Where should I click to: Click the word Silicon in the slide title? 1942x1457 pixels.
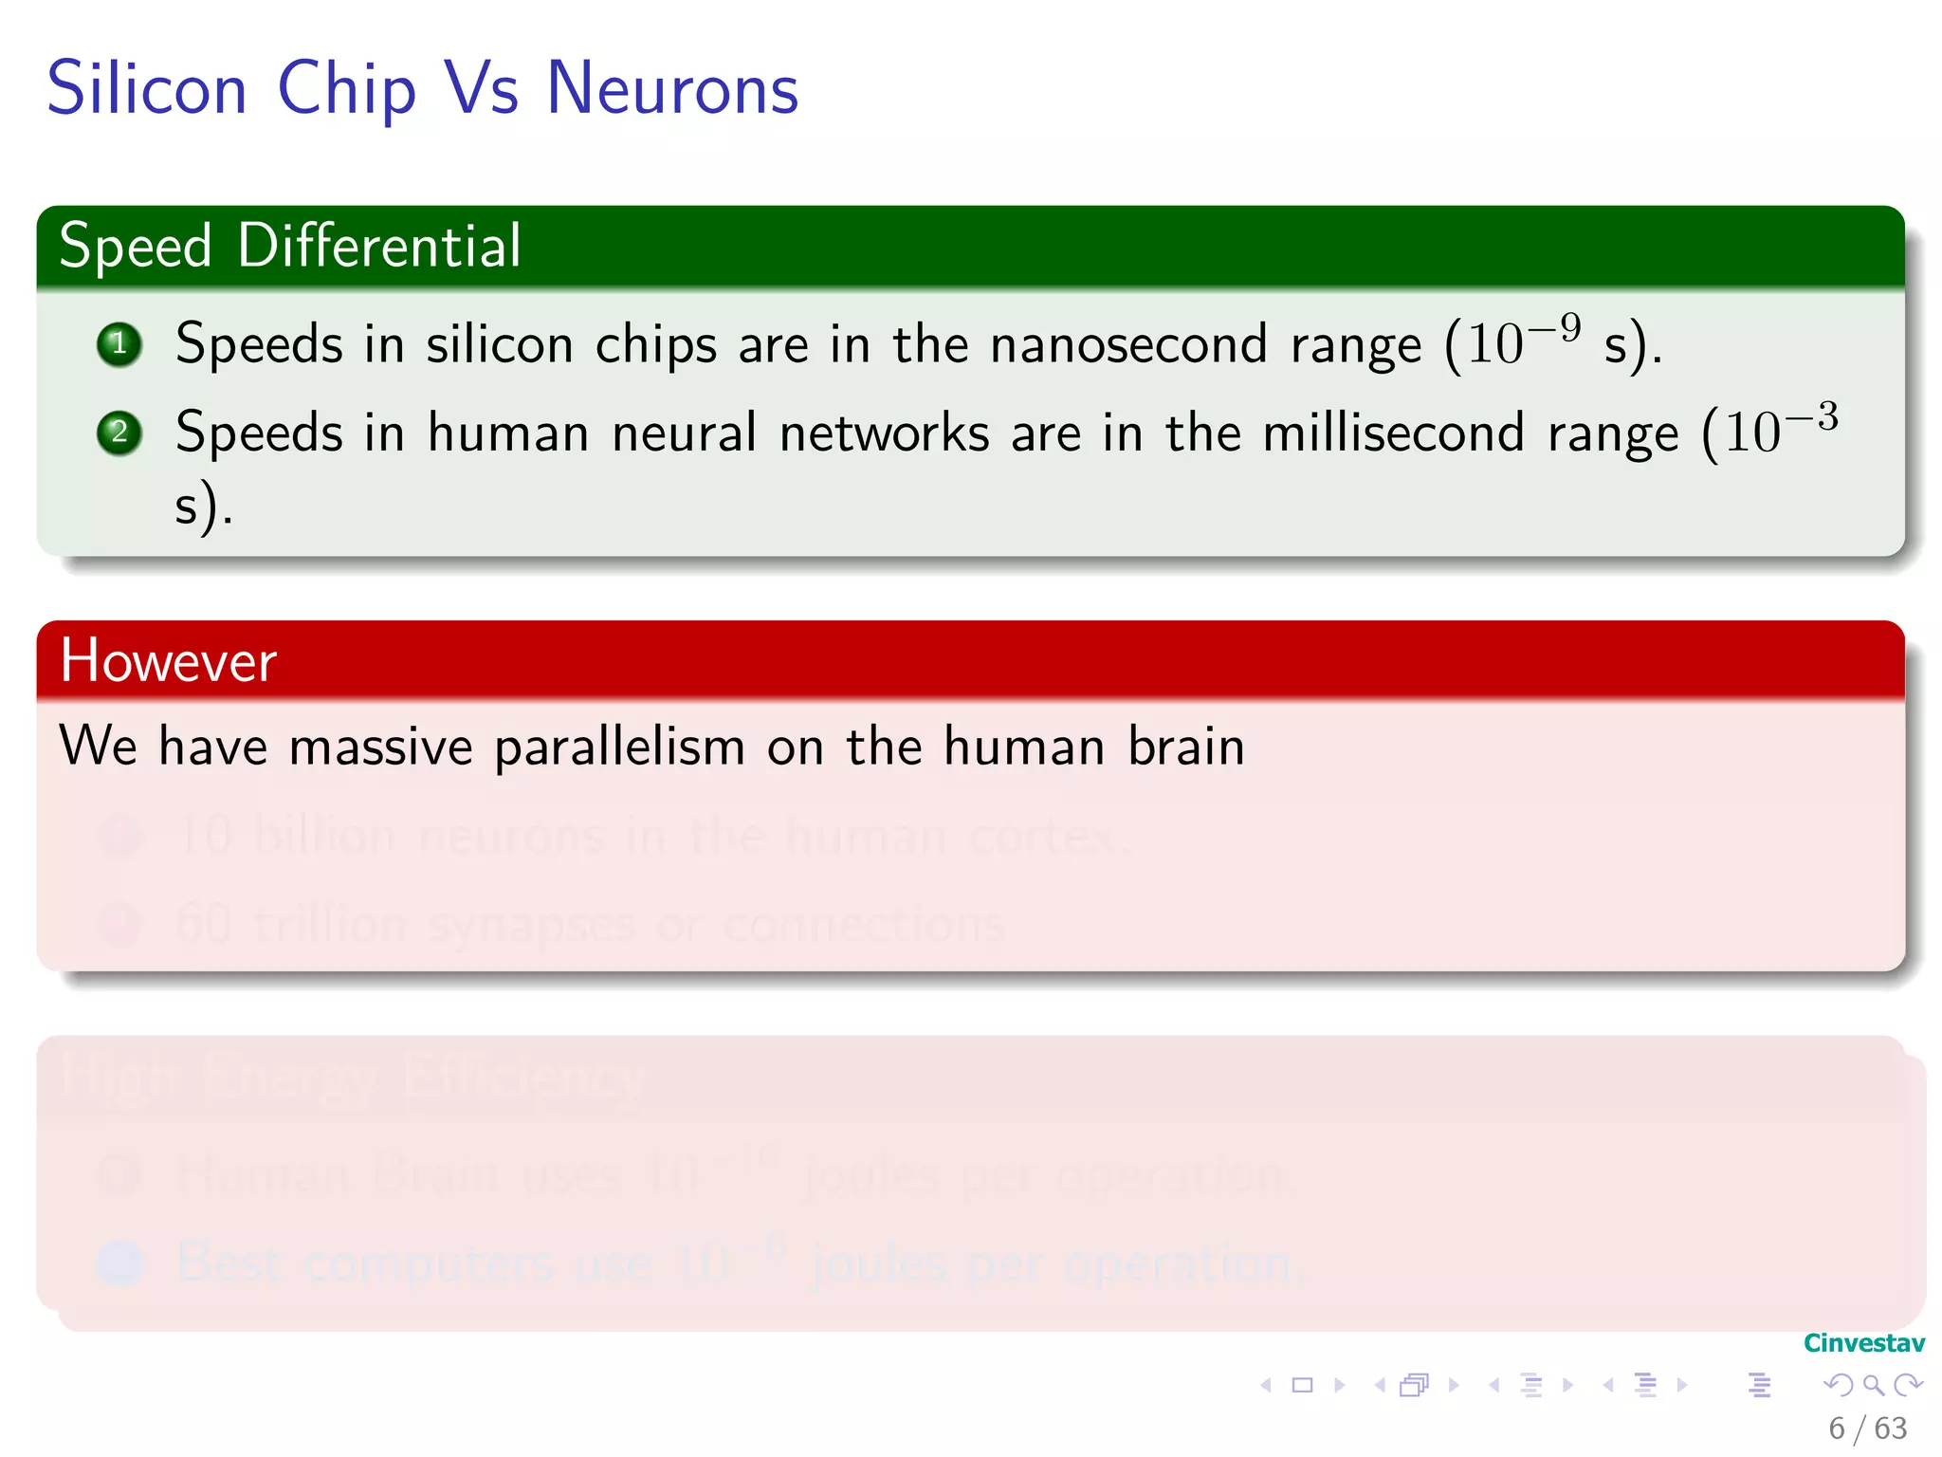(147, 88)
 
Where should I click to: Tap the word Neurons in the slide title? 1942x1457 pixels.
(672, 88)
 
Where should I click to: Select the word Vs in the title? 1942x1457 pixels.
(482, 88)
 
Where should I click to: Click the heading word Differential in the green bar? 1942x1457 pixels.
(379, 246)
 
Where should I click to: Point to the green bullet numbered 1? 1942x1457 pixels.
(119, 344)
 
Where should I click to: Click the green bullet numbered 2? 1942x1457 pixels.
(119, 433)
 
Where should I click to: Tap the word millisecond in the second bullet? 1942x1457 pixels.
(1394, 433)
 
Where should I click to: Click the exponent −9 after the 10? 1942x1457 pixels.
(1556, 327)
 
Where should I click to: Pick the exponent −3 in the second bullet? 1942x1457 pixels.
(1812, 416)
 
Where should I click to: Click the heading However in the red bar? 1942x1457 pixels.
(169, 661)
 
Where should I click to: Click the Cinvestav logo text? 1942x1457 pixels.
(1863, 1343)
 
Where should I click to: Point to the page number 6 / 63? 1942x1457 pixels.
(1867, 1428)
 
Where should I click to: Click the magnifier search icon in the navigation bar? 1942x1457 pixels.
(1873, 1385)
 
